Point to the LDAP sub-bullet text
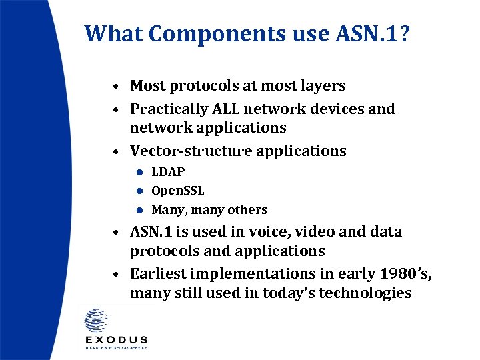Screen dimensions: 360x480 168,171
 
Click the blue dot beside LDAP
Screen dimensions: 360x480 141,172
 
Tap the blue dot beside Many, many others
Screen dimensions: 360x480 141,210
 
